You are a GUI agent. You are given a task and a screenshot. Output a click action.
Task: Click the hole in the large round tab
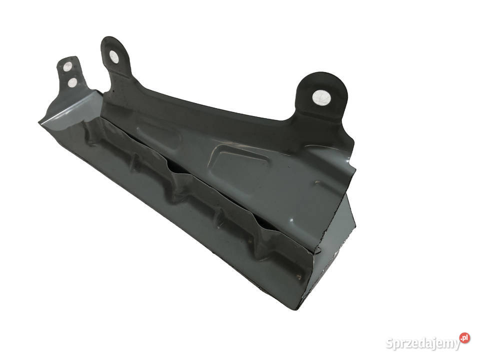click(321, 97)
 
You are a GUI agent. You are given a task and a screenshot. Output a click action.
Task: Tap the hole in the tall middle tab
click(114, 57)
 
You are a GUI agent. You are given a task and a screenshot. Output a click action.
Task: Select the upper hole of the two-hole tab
click(67, 66)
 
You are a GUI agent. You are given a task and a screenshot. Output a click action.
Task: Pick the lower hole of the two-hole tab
click(72, 82)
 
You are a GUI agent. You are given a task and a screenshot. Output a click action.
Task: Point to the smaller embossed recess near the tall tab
click(159, 134)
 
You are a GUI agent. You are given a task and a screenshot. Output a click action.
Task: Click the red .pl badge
click(464, 338)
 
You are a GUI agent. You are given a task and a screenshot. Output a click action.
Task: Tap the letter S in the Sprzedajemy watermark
click(389, 343)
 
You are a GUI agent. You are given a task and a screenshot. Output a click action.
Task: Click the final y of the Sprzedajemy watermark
click(456, 345)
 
